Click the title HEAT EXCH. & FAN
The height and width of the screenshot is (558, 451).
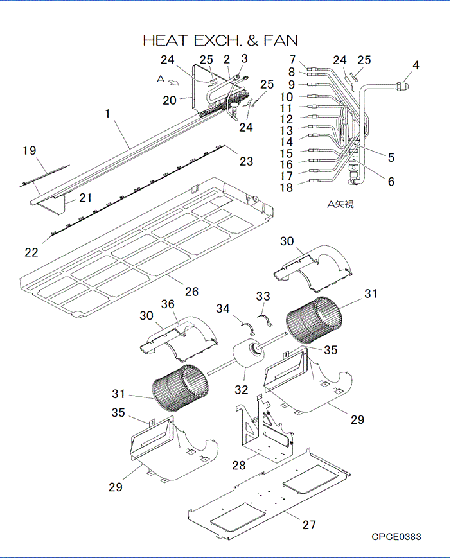click(x=220, y=40)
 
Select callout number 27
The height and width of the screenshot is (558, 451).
click(x=309, y=525)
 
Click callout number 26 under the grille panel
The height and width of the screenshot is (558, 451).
click(x=191, y=291)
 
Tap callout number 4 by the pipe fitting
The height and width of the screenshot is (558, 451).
click(x=416, y=65)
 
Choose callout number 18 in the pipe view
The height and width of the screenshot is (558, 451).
click(x=286, y=187)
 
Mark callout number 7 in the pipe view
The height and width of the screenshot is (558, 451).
click(x=291, y=60)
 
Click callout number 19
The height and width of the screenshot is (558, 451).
click(x=29, y=151)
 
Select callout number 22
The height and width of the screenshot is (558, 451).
click(x=31, y=252)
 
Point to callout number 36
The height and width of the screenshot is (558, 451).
click(x=168, y=305)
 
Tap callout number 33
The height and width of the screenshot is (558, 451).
click(x=263, y=296)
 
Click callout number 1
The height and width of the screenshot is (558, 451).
click(x=108, y=113)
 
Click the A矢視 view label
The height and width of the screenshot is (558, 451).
click(x=340, y=205)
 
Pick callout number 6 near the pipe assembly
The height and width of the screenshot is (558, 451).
click(x=391, y=181)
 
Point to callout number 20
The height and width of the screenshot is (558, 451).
click(x=170, y=100)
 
